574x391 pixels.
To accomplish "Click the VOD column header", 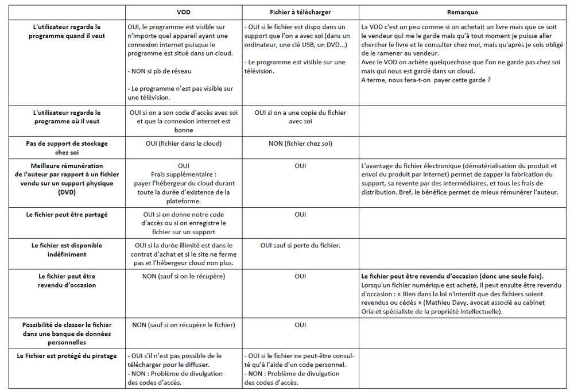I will click(x=184, y=12).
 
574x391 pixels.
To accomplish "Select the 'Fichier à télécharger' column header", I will click(x=300, y=12).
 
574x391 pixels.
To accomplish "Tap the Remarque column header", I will click(x=462, y=12).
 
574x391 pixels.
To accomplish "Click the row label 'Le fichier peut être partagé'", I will click(x=67, y=214).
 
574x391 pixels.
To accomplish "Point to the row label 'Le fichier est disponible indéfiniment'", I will click(x=67, y=250).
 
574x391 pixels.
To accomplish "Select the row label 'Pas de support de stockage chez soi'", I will click(x=67, y=148).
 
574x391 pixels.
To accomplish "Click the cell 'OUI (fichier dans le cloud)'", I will click(x=184, y=144).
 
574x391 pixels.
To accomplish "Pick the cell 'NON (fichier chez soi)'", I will click(x=300, y=144).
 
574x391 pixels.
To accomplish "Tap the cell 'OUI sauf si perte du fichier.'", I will click(x=300, y=245).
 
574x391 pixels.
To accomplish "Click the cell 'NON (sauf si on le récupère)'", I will click(x=184, y=276).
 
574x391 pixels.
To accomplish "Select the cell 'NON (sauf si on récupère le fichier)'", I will click(x=184, y=325).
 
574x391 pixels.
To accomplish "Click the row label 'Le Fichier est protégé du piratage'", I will click(x=67, y=356).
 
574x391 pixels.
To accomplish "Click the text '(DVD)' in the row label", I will click(x=67, y=192).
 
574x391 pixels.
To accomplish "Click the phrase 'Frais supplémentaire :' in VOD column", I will click(x=184, y=175).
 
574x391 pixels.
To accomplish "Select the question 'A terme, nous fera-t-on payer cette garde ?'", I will click(x=426, y=80).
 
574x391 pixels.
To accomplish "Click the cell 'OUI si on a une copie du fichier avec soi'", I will click(x=300, y=117).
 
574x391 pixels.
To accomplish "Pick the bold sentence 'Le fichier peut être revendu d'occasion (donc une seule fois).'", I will click(x=452, y=276).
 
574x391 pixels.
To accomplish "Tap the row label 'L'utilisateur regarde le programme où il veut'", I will click(x=67, y=117).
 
